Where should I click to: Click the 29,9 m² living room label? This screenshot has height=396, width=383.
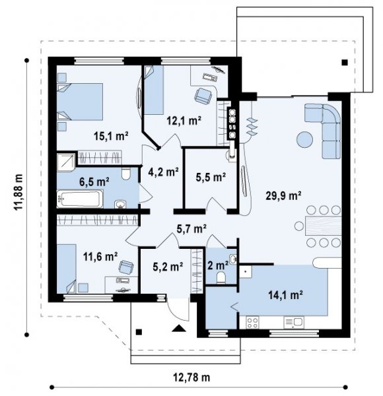click(283, 195)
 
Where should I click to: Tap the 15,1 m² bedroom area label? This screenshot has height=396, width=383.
click(111, 136)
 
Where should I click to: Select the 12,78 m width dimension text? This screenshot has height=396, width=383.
click(191, 378)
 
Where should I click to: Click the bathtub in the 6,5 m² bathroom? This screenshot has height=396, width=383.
click(80, 199)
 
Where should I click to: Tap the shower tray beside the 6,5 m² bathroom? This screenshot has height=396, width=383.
click(65, 162)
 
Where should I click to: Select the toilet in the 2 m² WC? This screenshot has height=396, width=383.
click(221, 278)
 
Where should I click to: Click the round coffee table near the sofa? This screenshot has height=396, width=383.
click(304, 139)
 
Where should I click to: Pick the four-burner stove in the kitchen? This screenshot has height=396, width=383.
click(253, 323)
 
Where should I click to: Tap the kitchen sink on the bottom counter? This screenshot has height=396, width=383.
click(294, 323)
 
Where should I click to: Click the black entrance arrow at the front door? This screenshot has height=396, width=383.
click(179, 328)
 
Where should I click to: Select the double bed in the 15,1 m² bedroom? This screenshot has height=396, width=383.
click(80, 102)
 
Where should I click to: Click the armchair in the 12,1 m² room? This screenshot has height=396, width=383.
click(203, 96)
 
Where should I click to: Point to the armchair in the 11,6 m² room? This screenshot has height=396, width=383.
click(126, 267)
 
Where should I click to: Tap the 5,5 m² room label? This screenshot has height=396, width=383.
click(211, 178)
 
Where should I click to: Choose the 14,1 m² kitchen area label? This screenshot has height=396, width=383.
click(286, 295)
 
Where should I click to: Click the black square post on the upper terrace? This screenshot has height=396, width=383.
click(345, 63)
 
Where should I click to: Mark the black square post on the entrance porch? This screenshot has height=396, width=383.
click(139, 332)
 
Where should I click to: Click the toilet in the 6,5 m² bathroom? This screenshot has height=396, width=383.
click(125, 174)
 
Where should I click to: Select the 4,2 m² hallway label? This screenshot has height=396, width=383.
click(164, 172)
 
